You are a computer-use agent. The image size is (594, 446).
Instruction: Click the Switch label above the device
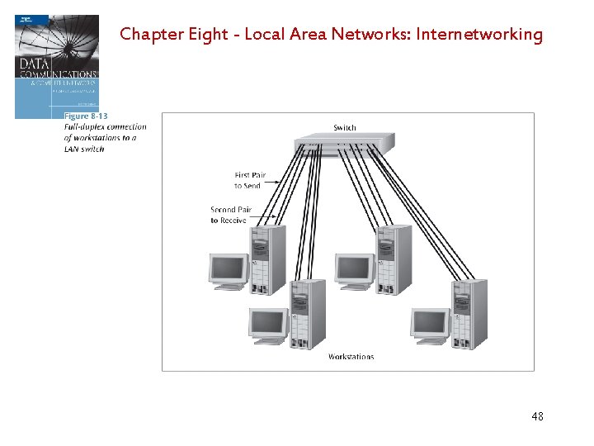tap(345, 127)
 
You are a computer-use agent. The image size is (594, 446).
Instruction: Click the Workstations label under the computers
tap(351, 357)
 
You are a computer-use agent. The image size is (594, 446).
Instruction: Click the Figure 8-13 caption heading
tap(86, 116)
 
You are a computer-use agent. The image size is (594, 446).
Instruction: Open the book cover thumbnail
tap(56, 66)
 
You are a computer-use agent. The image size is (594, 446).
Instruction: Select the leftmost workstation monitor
tap(229, 271)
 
